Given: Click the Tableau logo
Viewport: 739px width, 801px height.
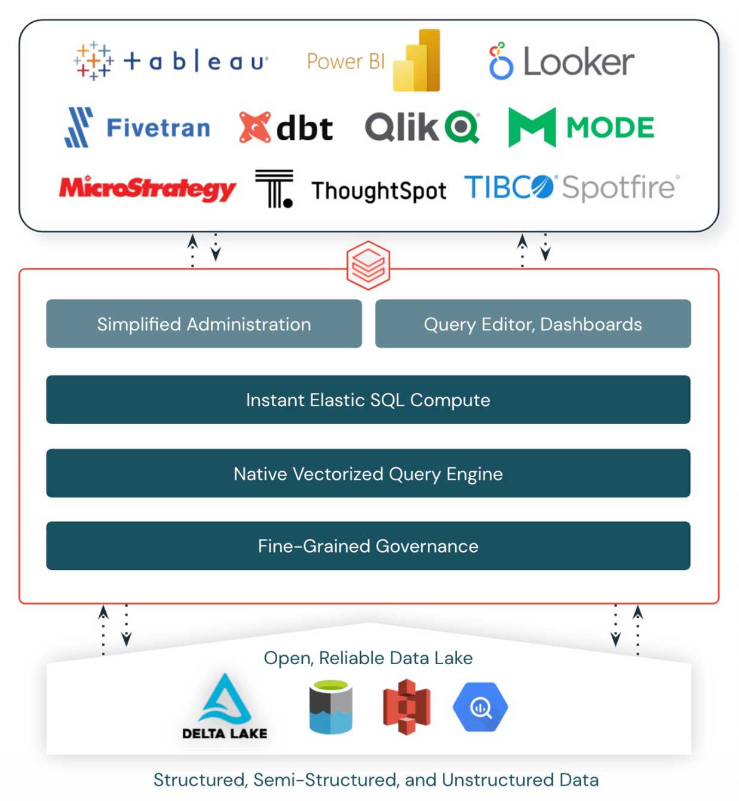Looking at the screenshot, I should [170, 61].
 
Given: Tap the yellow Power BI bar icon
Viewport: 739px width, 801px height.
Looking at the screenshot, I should [417, 60].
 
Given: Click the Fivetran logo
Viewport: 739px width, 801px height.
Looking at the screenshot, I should [137, 127].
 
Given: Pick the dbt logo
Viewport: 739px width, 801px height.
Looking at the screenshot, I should [286, 127].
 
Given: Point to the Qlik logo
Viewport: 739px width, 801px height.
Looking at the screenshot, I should [422, 127].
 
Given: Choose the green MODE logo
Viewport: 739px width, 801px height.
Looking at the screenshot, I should [581, 127].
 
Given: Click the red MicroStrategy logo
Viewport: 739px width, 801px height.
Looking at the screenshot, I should [147, 188].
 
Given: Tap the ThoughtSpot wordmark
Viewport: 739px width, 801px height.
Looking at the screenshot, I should [378, 191].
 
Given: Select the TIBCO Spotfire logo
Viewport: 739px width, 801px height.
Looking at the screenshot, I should [571, 187].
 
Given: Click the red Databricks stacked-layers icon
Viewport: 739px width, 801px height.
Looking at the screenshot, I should [368, 265].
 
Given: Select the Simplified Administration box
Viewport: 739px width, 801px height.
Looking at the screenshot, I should [204, 324].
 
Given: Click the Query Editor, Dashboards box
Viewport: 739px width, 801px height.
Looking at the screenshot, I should [533, 324].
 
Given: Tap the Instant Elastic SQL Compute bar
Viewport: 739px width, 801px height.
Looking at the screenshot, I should [368, 400].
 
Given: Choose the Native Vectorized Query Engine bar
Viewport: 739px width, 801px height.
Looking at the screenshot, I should [368, 473].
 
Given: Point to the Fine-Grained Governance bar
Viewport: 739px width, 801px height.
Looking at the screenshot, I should [368, 546].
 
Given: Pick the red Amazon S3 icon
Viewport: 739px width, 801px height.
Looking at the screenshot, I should [406, 707].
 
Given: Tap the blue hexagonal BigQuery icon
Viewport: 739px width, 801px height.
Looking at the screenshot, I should [480, 707].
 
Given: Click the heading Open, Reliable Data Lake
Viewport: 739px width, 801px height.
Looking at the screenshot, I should [368, 658].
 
